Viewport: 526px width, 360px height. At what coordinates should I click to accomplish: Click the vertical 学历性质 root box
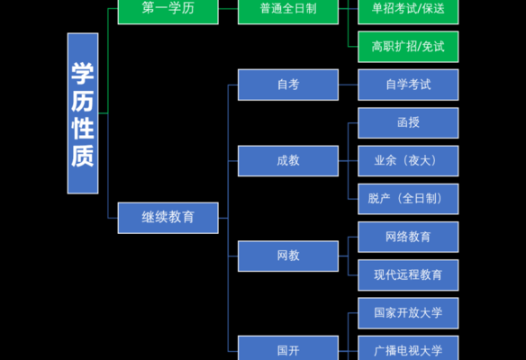(83, 113)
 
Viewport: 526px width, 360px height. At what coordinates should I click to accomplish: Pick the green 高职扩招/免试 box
(408, 47)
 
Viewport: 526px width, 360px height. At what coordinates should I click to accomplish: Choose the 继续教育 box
(168, 218)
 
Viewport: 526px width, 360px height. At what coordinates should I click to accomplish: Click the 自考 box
(288, 85)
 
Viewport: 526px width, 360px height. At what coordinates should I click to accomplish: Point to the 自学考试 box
(408, 85)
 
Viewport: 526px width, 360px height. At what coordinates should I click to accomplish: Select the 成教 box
(288, 161)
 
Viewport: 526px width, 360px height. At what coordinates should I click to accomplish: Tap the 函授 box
(408, 123)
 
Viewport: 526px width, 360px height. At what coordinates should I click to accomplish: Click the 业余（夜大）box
(408, 161)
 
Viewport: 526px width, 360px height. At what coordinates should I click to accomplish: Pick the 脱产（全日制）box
(408, 199)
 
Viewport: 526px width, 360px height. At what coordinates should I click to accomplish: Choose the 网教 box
(288, 256)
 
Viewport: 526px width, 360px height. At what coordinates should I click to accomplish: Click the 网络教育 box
(408, 237)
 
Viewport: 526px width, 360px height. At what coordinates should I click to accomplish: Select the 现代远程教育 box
(408, 275)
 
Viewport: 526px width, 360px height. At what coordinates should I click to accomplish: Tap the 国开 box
(288, 348)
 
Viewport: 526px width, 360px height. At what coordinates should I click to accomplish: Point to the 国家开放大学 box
(408, 313)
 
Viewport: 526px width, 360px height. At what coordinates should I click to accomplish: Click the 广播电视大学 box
(408, 348)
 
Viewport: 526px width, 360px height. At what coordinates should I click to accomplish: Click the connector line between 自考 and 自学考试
(349, 85)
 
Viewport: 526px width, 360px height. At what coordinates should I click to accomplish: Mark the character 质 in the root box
(83, 157)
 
